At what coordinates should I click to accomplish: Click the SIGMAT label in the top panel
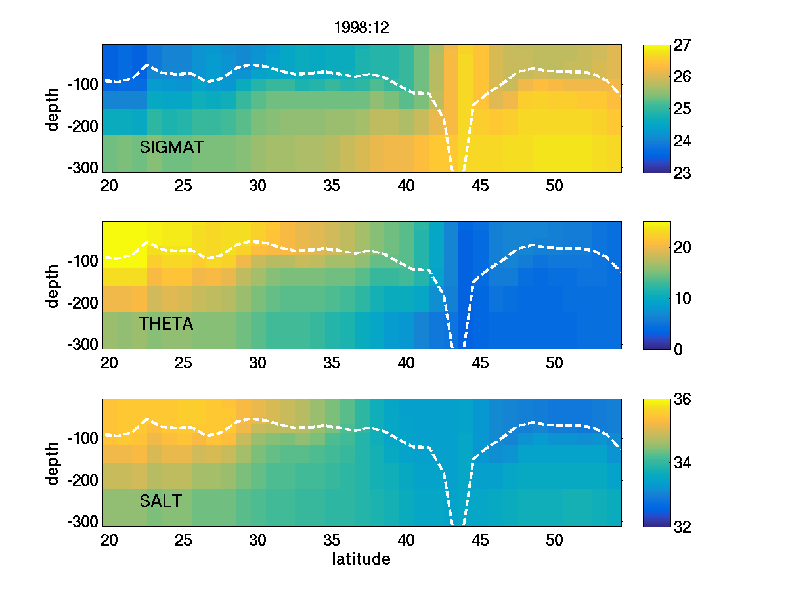coord(171,148)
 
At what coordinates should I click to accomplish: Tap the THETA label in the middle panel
coord(166,324)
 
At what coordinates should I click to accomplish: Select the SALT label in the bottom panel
coord(161,502)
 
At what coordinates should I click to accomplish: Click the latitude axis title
coord(361,559)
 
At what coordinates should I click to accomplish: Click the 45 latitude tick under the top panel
coord(481,186)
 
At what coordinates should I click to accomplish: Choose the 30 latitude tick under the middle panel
coord(257,362)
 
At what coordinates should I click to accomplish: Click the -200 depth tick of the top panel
coord(82,126)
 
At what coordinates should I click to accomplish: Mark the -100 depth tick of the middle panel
coord(82,261)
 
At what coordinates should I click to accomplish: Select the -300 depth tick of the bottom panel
coord(82,522)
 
